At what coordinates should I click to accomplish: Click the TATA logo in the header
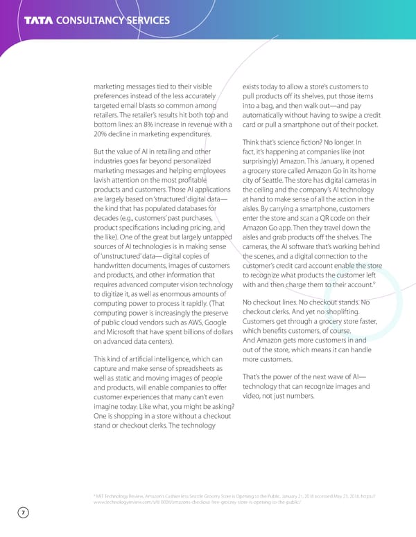42,19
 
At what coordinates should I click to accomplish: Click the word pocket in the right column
365,124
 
